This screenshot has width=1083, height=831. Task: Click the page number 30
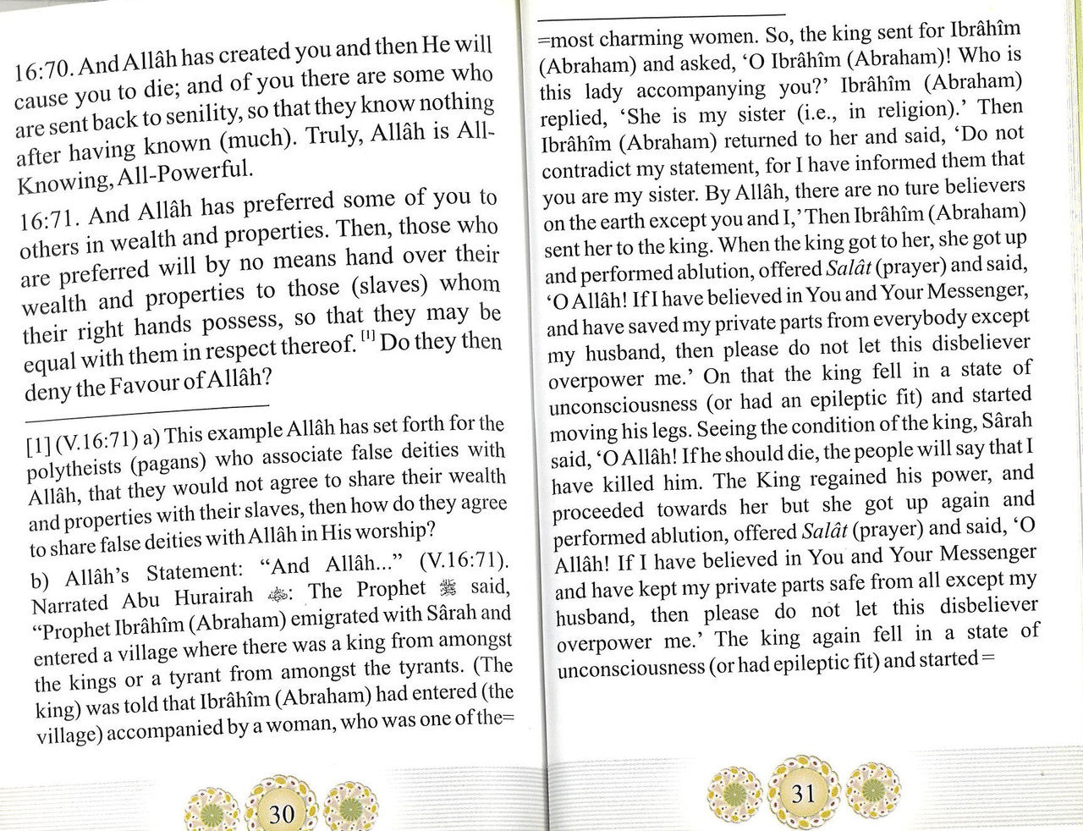[280, 814]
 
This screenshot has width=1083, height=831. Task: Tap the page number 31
[803, 793]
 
